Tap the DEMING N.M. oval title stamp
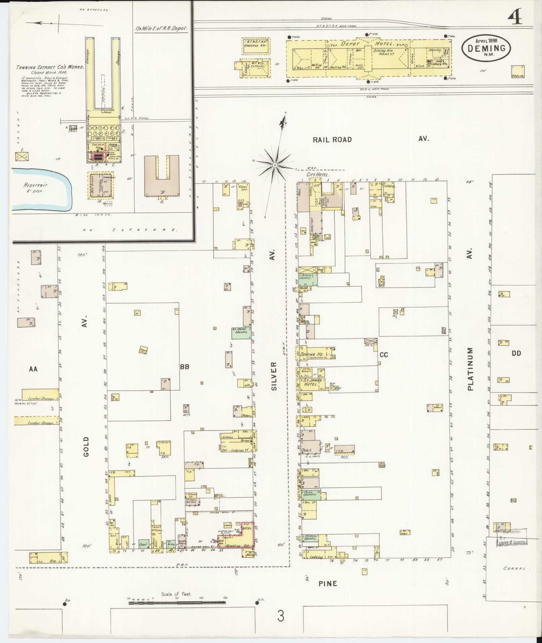pos(486,48)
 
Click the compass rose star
pos(275,165)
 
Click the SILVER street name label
pos(274,376)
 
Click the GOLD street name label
pos(86,446)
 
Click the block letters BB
pos(184,366)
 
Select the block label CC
pos(384,355)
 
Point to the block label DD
pos(516,353)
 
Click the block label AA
pos(33,369)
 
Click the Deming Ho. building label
pos(312,354)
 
